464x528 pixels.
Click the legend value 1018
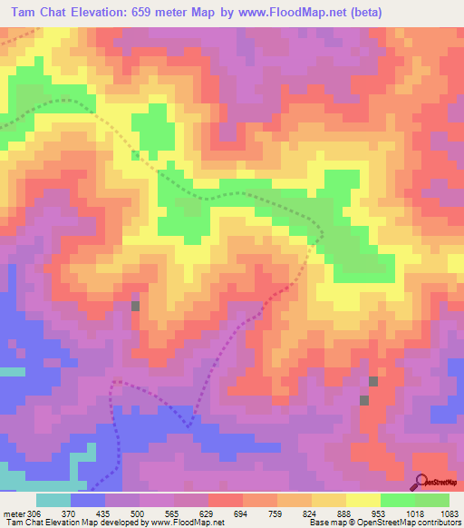414,513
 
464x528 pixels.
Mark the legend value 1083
448,513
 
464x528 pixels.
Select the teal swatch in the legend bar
53,500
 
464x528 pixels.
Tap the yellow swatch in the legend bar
362,500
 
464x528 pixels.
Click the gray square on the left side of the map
136,306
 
